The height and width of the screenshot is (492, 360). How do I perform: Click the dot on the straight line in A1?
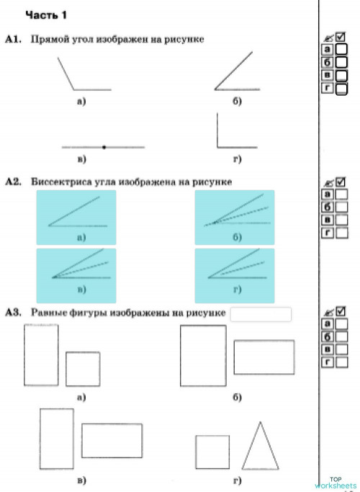[x=104, y=147]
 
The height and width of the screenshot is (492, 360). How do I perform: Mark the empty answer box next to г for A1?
[x=342, y=89]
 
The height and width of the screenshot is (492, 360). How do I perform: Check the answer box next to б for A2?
[x=342, y=207]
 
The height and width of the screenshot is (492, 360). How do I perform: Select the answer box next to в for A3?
[x=342, y=350]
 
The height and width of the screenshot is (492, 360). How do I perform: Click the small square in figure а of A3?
[x=83, y=369]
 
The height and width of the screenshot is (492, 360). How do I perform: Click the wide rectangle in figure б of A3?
[x=264, y=357]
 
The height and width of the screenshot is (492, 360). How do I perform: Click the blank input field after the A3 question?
[x=261, y=314]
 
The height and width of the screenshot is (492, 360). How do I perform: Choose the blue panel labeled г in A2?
[x=235, y=274]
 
